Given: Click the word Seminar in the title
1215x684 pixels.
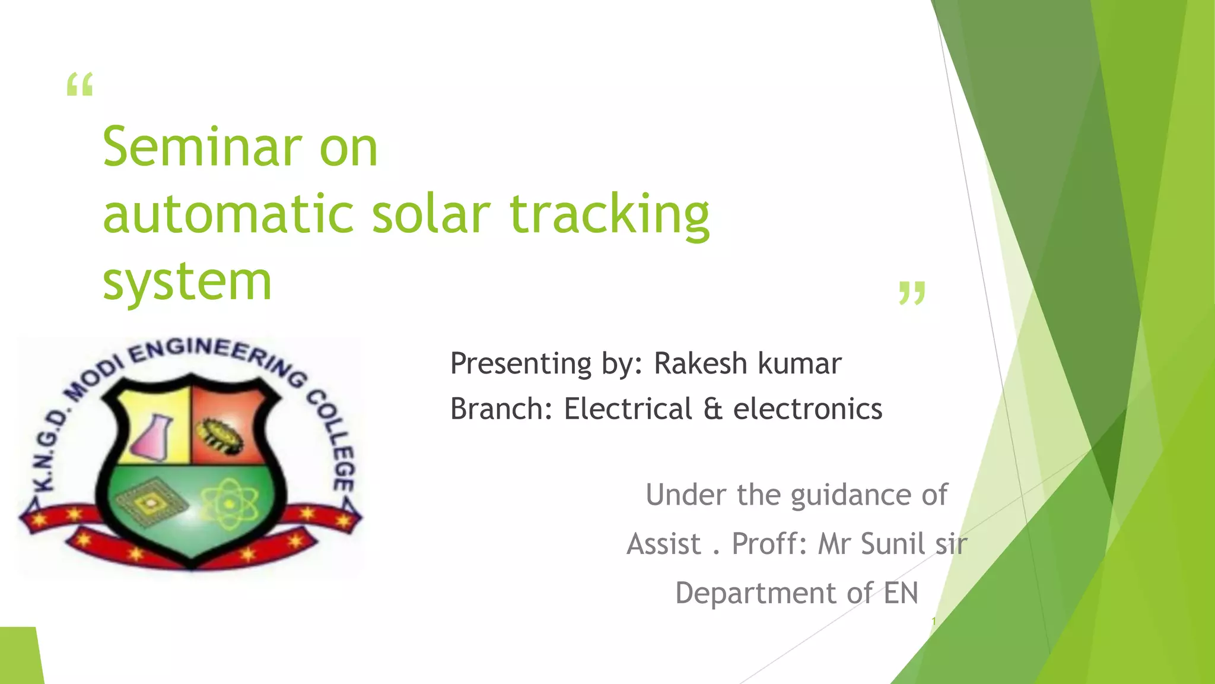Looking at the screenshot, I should (202, 147).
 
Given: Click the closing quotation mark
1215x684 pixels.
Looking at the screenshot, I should (912, 293).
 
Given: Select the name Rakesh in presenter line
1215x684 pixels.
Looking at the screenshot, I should (700, 363).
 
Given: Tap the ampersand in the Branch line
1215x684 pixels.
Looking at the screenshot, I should (713, 409).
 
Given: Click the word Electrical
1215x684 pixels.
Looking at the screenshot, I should (628, 409).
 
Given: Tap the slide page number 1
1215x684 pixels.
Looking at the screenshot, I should (933, 621).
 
